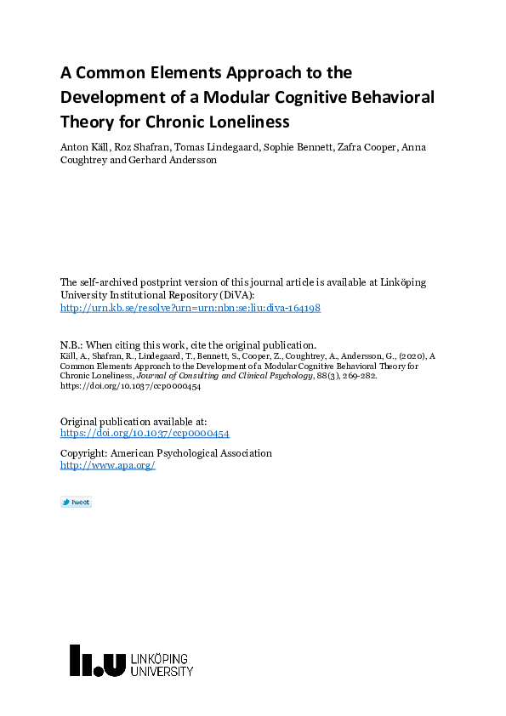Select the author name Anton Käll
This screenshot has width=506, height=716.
[82, 147]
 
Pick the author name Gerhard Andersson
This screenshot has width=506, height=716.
[172, 160]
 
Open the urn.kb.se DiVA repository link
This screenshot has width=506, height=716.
[190, 308]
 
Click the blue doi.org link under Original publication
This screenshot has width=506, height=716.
[145, 433]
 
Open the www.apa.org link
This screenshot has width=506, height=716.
[107, 465]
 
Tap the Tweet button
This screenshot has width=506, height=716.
[76, 503]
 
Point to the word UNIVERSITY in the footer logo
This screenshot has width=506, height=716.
[162, 672]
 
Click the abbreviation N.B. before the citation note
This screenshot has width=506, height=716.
[71, 344]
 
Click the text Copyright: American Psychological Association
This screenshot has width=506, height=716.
[166, 453]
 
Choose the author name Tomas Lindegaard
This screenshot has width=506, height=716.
[208, 147]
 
